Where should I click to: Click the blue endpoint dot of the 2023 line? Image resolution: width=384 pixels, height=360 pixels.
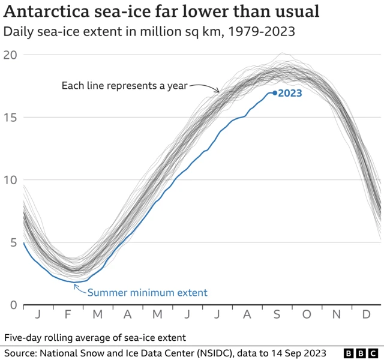[275, 92]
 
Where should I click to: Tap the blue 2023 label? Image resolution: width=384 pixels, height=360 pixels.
[290, 93]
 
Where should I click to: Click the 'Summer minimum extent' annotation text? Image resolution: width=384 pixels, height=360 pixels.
[147, 293]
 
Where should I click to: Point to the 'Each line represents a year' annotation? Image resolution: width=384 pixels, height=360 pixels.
[124, 86]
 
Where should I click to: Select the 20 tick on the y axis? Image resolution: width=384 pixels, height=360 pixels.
[11, 55]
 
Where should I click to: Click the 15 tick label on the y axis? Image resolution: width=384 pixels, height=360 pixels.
[11, 117]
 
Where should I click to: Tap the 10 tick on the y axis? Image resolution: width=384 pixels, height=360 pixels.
[11, 180]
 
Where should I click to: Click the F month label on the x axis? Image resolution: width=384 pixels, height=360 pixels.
[68, 314]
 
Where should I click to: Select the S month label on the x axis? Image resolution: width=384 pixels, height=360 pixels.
[277, 314]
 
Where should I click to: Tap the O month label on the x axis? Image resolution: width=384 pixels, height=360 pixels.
[307, 314]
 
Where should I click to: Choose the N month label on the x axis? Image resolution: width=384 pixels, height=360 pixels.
[337, 314]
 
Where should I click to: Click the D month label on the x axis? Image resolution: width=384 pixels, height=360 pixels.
[366, 314]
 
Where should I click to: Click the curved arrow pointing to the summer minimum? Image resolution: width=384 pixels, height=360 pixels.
[79, 289]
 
